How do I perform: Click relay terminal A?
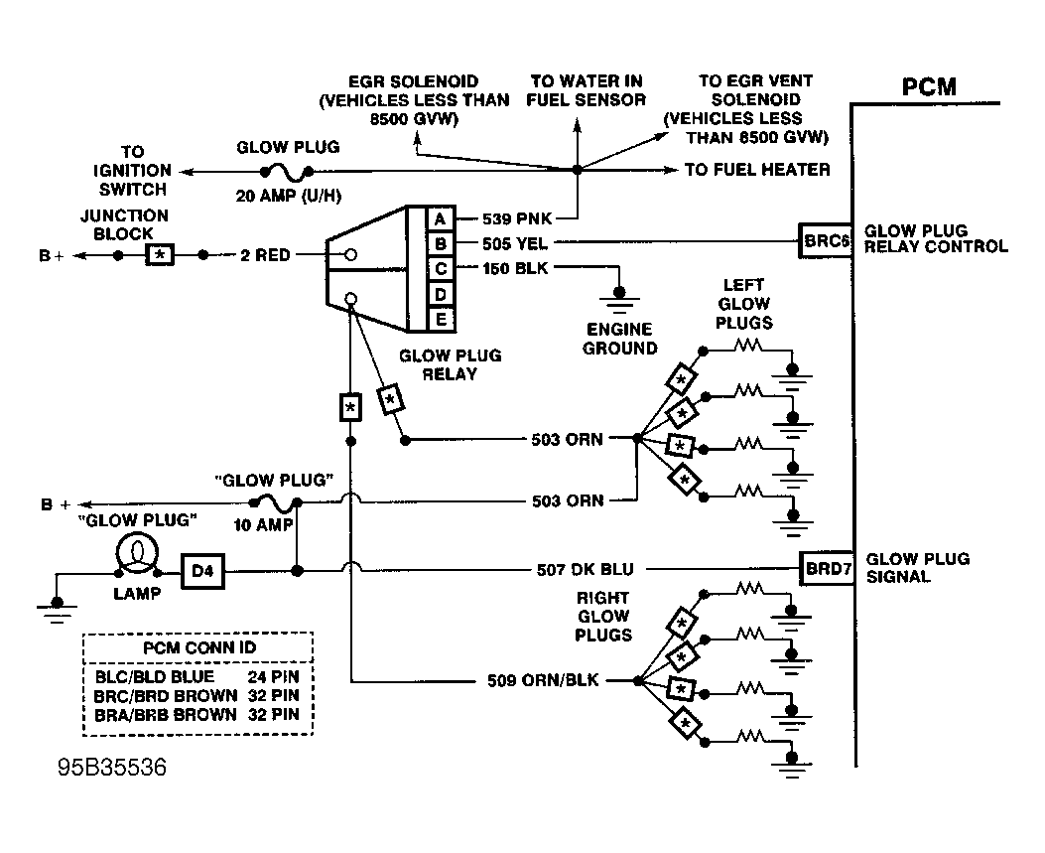coord(440,218)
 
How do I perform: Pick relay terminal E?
coord(440,319)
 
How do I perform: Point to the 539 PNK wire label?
coord(516,218)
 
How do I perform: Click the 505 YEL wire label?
coord(516,242)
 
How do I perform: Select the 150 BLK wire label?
coord(516,267)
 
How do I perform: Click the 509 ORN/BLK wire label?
coord(544,681)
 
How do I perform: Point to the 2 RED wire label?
coord(266,255)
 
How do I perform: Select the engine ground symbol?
coord(621,295)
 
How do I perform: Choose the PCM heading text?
coord(929,87)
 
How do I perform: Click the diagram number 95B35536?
coord(111,768)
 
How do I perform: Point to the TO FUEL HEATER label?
coord(757,170)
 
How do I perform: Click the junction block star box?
coord(161,255)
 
